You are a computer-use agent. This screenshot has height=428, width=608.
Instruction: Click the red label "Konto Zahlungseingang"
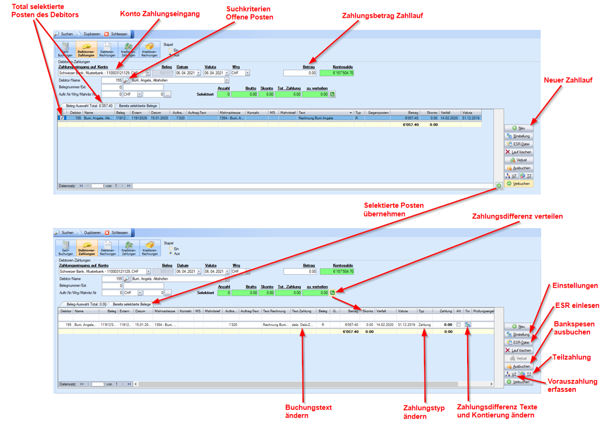(160, 14)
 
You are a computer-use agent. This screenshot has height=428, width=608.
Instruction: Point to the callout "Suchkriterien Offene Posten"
(250, 13)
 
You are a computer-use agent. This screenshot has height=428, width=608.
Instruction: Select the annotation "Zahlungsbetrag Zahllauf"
(382, 15)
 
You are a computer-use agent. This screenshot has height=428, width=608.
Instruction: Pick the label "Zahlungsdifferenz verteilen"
(517, 216)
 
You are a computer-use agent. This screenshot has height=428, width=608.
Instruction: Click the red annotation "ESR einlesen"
(577, 305)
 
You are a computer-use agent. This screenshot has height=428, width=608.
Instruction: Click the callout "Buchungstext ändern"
(308, 411)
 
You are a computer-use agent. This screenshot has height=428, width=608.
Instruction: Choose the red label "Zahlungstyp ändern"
(424, 412)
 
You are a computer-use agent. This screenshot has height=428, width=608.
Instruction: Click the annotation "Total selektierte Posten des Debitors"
(45, 10)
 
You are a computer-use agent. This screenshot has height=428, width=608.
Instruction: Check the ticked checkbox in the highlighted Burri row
(62, 118)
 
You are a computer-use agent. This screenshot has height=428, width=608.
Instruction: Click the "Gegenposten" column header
(378, 112)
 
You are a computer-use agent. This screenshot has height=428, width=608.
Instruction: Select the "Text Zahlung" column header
(302, 311)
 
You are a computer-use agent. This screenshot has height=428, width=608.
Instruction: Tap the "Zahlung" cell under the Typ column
(425, 325)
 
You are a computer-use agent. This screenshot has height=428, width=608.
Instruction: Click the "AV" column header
(459, 311)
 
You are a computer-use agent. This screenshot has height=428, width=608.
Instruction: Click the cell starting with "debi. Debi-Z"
(302, 325)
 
